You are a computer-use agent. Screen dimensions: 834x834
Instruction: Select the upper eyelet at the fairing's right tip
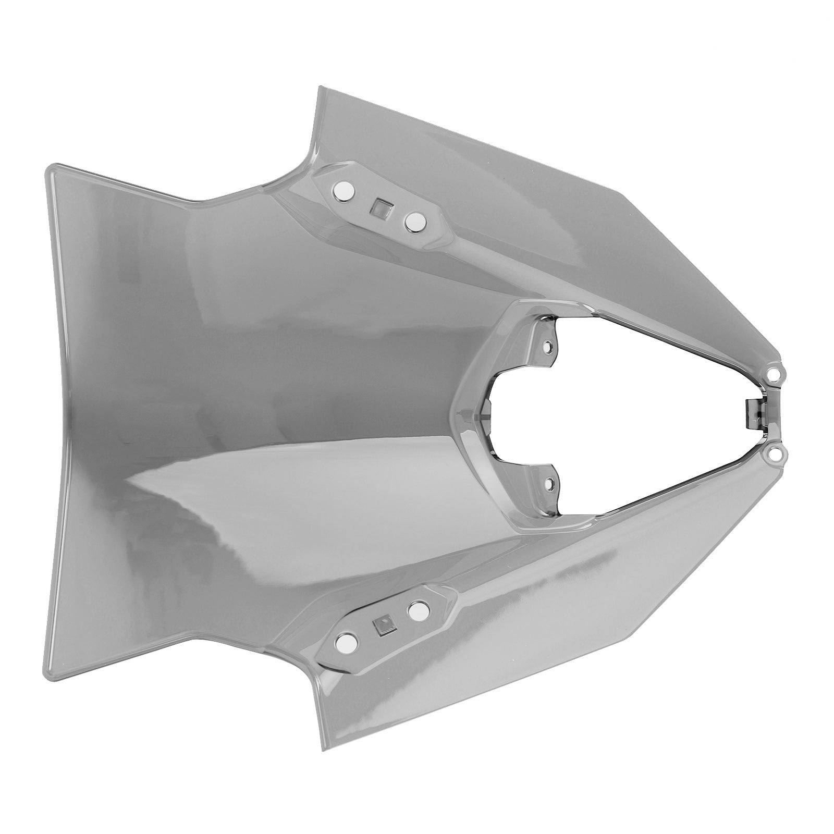tap(775, 374)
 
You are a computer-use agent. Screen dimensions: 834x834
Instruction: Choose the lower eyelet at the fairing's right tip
tap(775, 457)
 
